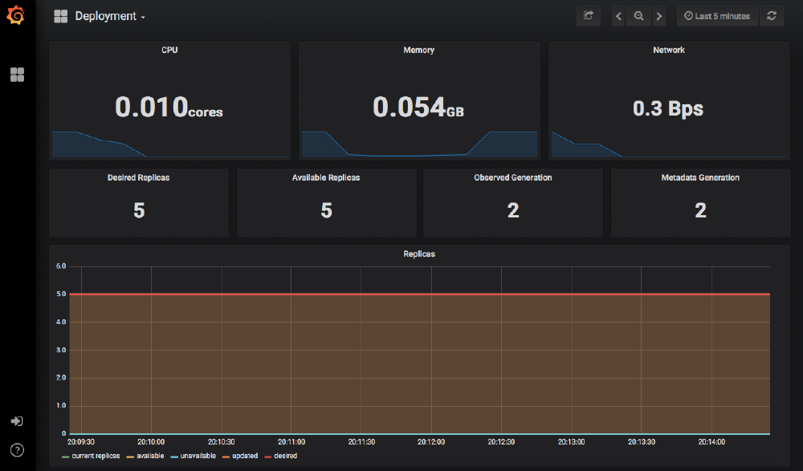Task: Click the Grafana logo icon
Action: [16, 15]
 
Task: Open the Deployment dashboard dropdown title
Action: [109, 16]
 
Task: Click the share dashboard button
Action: [588, 16]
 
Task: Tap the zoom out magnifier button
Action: [638, 16]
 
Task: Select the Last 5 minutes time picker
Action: [717, 16]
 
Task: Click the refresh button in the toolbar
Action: [772, 16]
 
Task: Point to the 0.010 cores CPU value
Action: [169, 108]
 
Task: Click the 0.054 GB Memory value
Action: [418, 108]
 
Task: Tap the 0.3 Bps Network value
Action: [668, 108]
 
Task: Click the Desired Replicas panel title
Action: [138, 177]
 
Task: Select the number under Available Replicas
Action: [326, 210]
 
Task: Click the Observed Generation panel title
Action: [512, 177]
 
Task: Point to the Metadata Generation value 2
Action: [700, 210]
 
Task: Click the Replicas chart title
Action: [418, 254]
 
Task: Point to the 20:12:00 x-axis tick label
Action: [431, 442]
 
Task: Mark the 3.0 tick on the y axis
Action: [60, 350]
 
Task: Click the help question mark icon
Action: [17, 449]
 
